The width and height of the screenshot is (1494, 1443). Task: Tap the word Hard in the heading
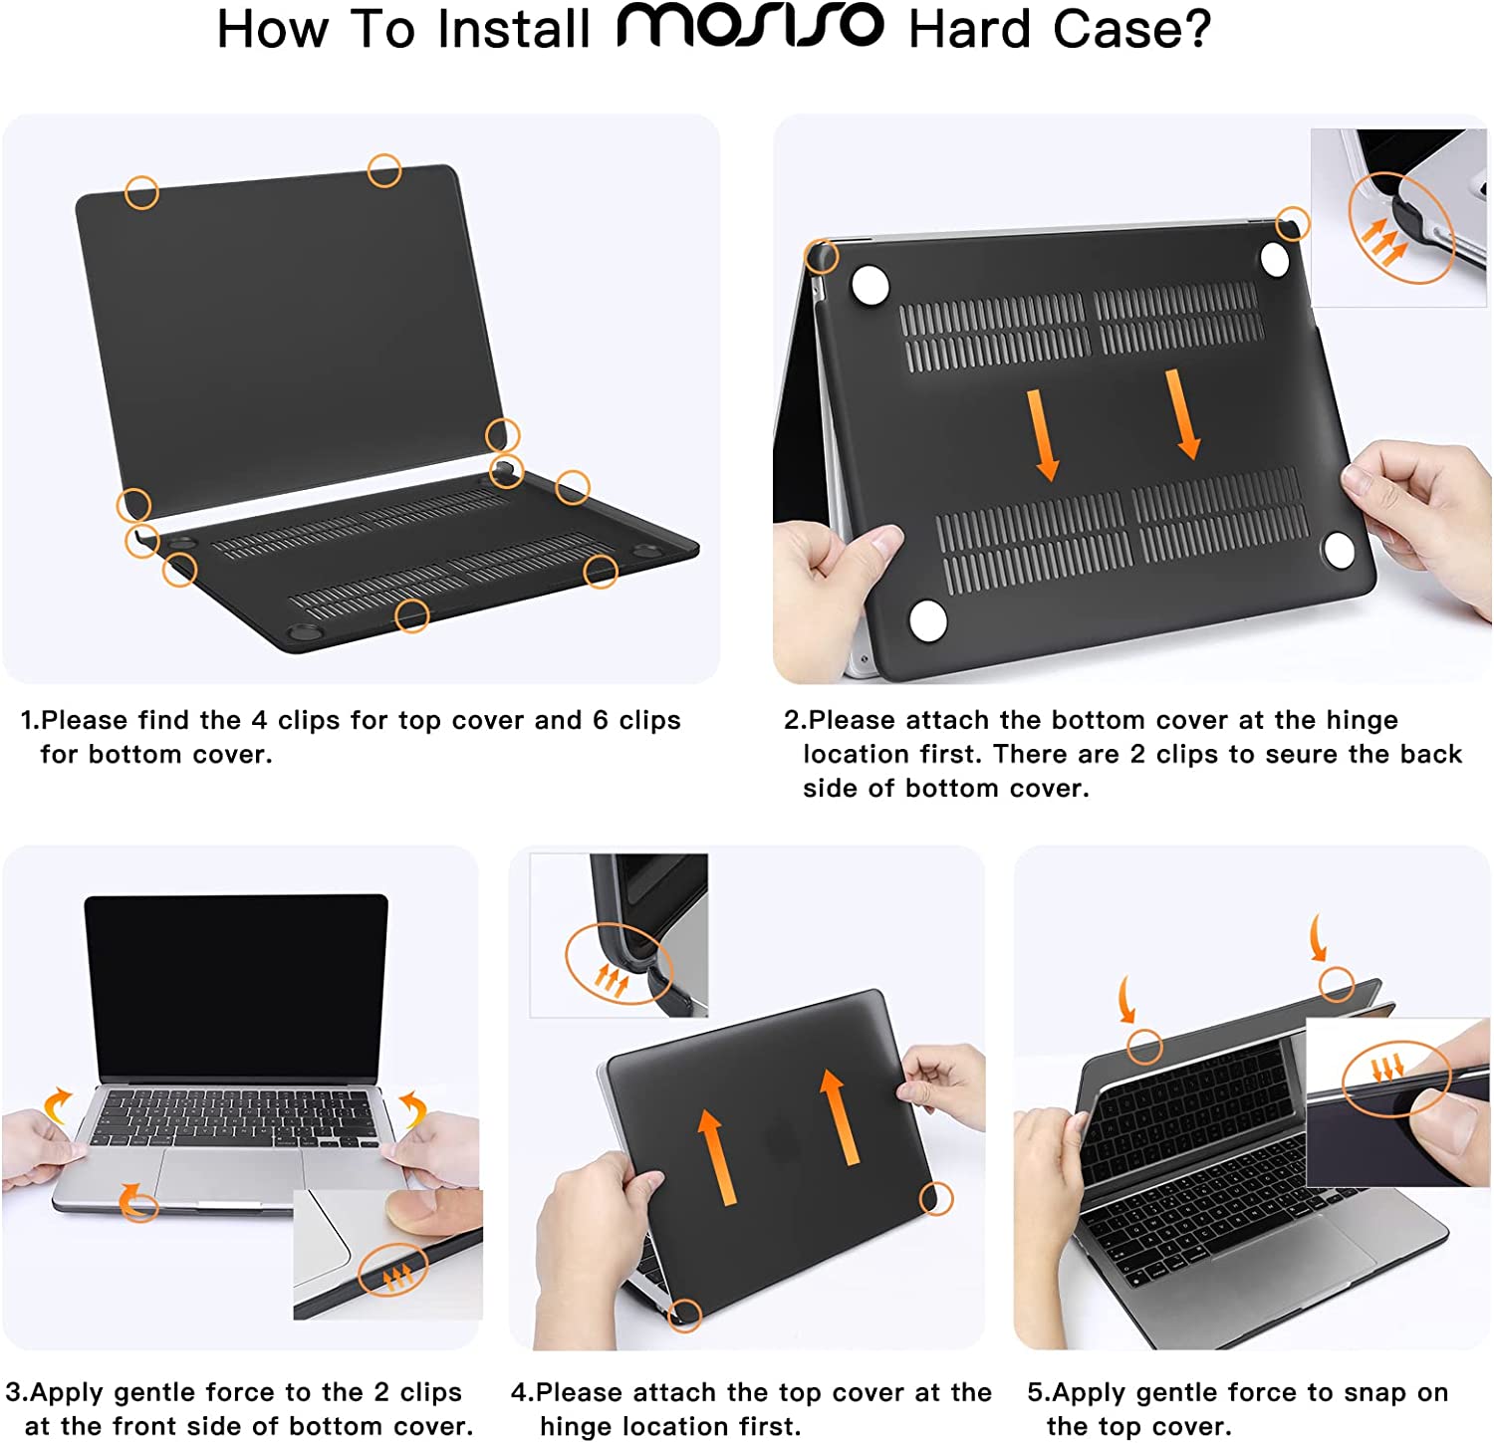point(969,29)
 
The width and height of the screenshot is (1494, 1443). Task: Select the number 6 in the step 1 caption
point(601,720)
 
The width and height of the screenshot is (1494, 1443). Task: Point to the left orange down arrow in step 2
point(1042,434)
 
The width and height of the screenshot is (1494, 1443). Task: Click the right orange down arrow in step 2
point(1183,414)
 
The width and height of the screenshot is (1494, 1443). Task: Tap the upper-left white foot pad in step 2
point(871,284)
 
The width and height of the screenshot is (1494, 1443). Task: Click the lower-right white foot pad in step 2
point(1338,549)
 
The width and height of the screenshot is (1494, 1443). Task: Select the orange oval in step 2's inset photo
point(1401,228)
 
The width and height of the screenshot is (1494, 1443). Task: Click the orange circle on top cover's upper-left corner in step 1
point(141,192)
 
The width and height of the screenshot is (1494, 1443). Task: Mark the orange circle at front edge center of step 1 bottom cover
point(411,615)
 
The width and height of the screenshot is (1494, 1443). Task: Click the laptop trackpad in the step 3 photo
point(228,1173)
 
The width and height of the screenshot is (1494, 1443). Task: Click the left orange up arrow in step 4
point(714,1156)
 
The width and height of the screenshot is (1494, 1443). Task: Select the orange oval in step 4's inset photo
point(619,963)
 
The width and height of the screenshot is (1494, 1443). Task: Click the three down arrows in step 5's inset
point(1386,1069)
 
